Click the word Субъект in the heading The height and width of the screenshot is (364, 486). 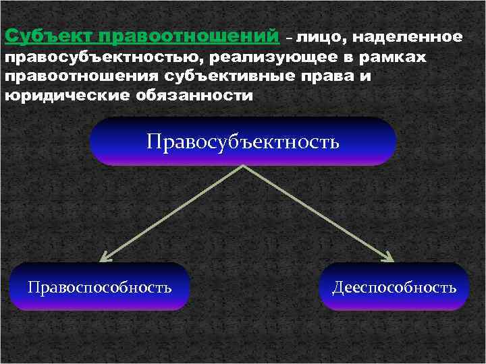[x=47, y=35]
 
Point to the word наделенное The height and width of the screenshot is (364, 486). [x=406, y=36]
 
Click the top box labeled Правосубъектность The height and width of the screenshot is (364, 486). [x=243, y=142]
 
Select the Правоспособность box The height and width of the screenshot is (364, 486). [x=100, y=287]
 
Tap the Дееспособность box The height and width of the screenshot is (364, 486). [x=394, y=287]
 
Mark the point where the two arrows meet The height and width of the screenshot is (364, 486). [x=244, y=166]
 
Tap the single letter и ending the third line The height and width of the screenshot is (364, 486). [x=366, y=77]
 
